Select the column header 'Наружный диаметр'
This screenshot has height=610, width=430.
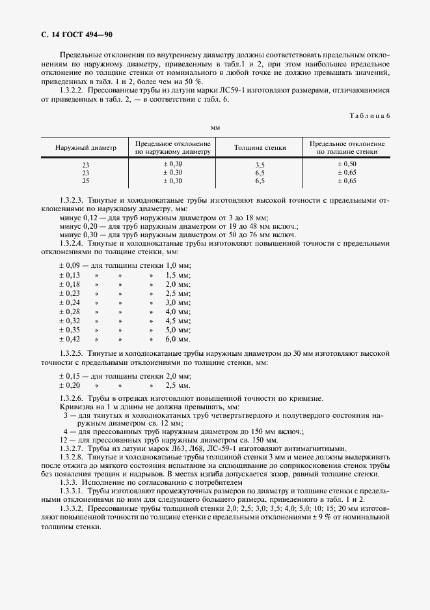[86, 148]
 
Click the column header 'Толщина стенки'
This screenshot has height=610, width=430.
[260, 148]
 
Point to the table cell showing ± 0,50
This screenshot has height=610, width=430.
[347, 164]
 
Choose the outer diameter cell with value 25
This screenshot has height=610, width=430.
[86, 181]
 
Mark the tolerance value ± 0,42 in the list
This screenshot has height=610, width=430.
[70, 339]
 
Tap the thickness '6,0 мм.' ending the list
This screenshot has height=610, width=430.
[178, 339]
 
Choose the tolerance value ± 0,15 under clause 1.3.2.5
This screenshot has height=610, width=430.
[70, 376]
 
